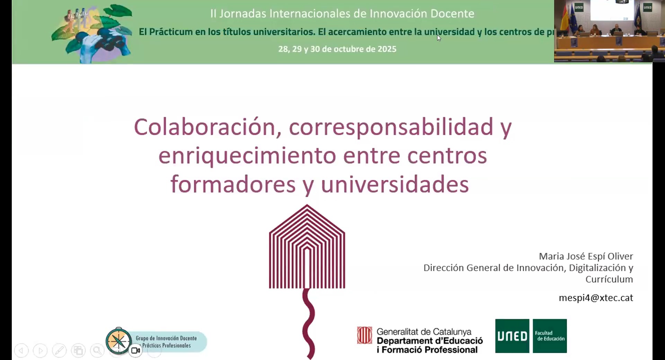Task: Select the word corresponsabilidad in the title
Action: (x=391, y=127)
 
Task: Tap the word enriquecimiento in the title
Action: (x=247, y=156)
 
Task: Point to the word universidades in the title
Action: (x=394, y=184)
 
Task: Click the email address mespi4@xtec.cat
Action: (x=596, y=298)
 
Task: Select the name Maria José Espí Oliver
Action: (x=586, y=256)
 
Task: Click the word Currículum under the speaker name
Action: (x=609, y=279)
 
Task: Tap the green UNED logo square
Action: (x=512, y=336)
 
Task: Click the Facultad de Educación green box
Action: (x=550, y=336)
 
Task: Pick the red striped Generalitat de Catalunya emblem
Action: (x=365, y=335)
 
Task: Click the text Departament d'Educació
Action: (x=429, y=341)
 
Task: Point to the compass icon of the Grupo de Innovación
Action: (x=118, y=341)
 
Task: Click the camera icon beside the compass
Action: (x=135, y=351)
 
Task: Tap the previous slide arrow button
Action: (x=21, y=351)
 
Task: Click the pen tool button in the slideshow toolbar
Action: (x=59, y=351)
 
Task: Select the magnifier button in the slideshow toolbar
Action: (x=97, y=351)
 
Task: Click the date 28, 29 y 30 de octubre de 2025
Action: (x=337, y=49)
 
